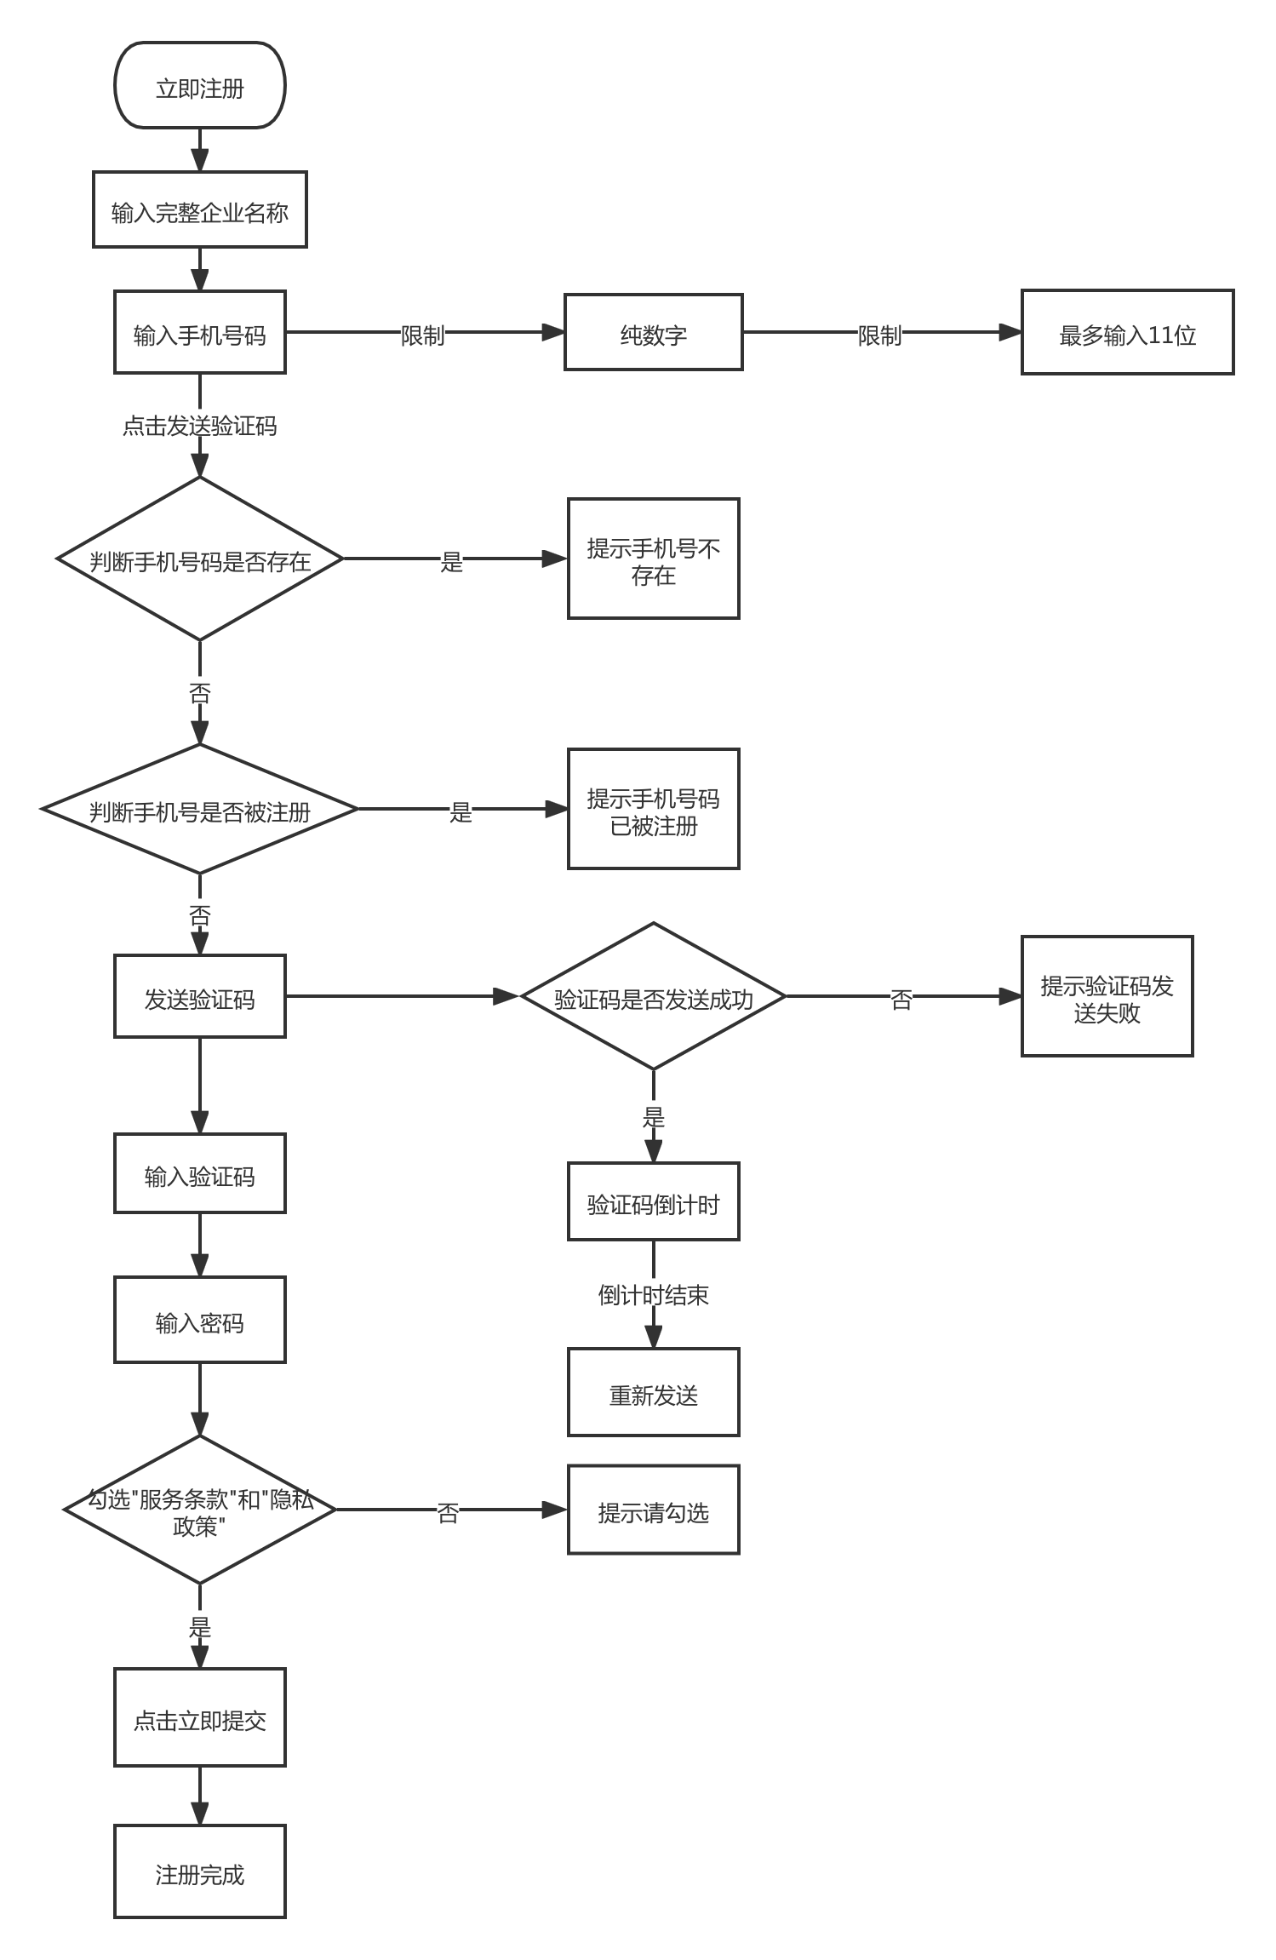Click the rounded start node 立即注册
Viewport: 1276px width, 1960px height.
coord(200,85)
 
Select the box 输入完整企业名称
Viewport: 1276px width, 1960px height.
coord(200,209)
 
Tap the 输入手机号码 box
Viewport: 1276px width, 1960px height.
coord(200,332)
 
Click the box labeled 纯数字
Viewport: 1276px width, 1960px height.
coord(654,332)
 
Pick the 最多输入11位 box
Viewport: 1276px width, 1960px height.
coord(1128,332)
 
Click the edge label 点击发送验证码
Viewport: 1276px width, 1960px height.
coord(200,426)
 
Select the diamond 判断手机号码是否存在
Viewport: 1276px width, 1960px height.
coord(200,559)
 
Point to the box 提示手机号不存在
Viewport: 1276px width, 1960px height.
coord(654,559)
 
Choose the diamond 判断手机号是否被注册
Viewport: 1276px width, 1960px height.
coord(200,809)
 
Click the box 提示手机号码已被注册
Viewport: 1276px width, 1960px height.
coord(654,809)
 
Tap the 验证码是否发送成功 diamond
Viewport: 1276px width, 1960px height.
coord(654,996)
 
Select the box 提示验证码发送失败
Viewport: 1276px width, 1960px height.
coord(1107,996)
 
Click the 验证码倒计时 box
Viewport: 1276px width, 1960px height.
coord(654,1201)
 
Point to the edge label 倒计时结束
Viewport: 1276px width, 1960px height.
coord(654,1295)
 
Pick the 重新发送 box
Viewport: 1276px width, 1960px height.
coord(654,1392)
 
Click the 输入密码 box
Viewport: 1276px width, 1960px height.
coord(200,1320)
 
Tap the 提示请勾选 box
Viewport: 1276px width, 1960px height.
coord(654,1510)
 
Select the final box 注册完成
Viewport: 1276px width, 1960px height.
coord(200,1871)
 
